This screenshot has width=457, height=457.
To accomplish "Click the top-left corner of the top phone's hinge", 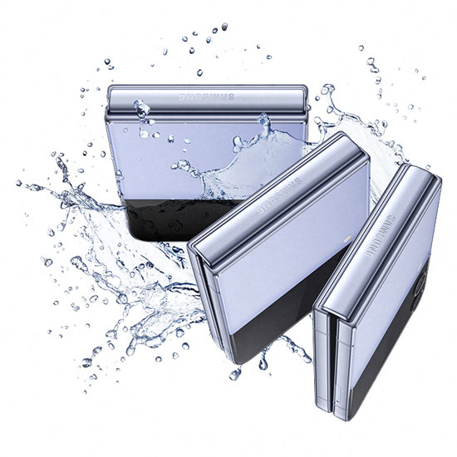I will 111,90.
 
